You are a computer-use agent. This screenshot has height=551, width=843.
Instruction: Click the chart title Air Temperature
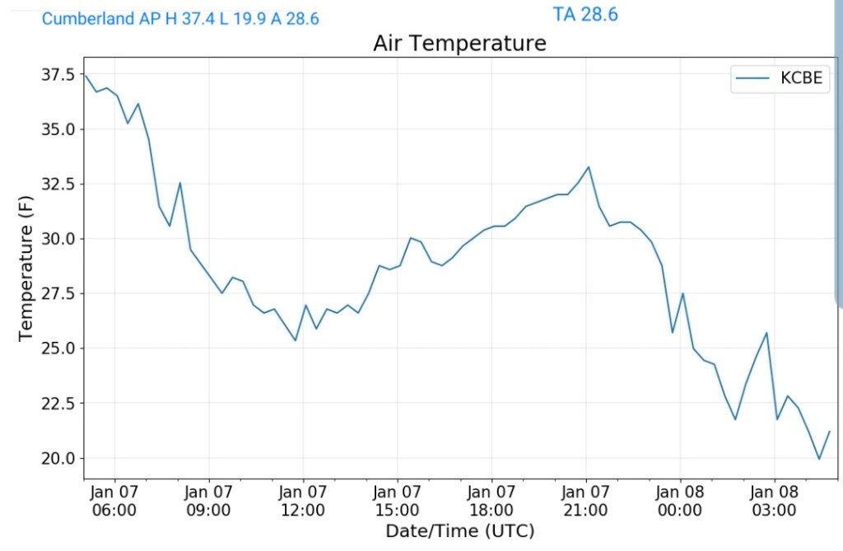459,43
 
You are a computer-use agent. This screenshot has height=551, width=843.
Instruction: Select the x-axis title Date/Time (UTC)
459,530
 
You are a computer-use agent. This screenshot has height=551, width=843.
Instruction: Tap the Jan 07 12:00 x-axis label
303,501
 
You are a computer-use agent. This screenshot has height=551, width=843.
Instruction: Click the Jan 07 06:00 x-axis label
114,501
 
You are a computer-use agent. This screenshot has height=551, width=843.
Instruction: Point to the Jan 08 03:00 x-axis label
775,501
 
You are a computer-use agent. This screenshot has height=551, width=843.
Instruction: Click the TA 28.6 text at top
585,14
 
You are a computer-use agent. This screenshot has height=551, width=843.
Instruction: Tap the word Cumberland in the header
88,19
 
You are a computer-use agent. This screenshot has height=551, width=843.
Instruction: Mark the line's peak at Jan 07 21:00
589,167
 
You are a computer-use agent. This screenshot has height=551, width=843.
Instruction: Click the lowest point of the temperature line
818,459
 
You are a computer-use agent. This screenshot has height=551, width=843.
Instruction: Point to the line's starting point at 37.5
85,75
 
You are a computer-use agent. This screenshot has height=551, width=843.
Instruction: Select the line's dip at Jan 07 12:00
296,340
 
